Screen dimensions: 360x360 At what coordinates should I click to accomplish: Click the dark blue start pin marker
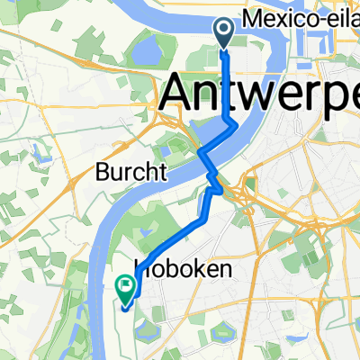point(223,33)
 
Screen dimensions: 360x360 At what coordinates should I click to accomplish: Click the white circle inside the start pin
point(223,31)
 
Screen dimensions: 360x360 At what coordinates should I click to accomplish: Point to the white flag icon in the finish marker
point(125,286)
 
